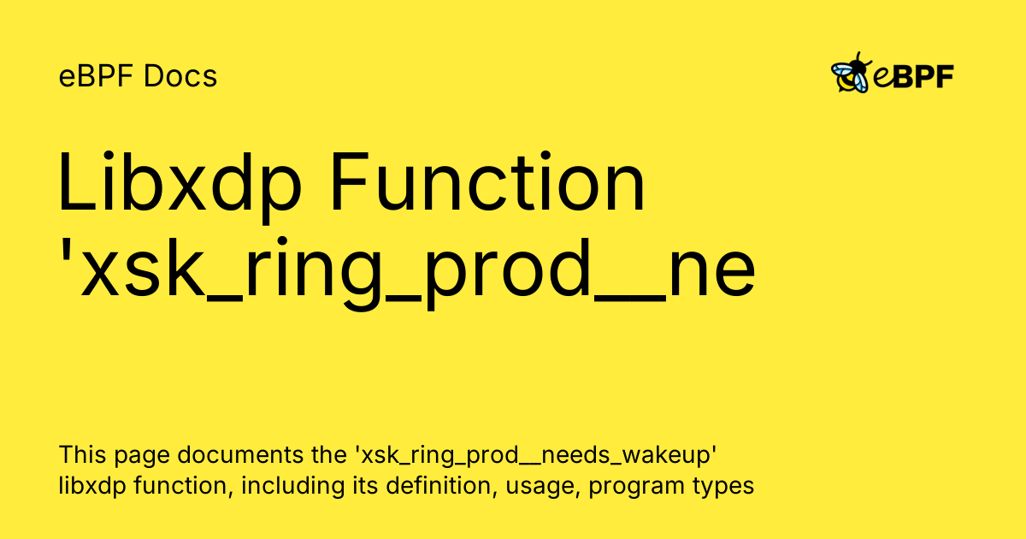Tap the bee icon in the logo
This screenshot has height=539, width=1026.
click(x=852, y=74)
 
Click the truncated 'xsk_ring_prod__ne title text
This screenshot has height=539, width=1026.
click(x=406, y=272)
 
